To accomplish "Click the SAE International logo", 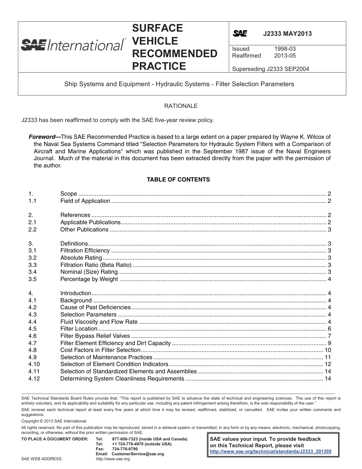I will (73, 45).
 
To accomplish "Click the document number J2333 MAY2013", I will (287, 34).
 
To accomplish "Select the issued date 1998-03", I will (285, 49).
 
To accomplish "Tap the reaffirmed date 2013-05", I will (285, 56).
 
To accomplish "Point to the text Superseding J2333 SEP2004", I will (270, 69).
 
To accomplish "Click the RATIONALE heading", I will (181, 106).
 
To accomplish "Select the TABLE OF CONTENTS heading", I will (178, 180).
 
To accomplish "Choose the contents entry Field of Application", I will (85, 201).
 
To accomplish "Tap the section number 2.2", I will (32, 230).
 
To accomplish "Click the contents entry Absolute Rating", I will (81, 258).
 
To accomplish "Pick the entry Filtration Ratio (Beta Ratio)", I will (96, 265).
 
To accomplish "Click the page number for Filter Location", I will (329, 329).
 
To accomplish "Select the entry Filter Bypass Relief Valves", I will (95, 336).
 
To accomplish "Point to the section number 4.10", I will (34, 364).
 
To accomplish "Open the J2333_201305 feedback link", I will (271, 451).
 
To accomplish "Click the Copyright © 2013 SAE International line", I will (54, 421).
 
